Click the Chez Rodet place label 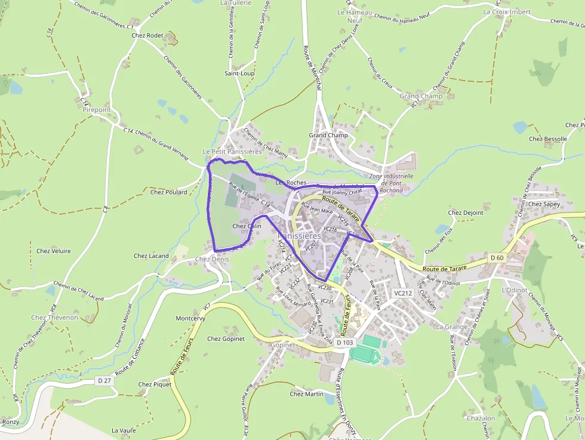(147, 35)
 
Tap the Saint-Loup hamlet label (239, 73)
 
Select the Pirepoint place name (97, 110)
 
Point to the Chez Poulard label (168, 192)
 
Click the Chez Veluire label (54, 251)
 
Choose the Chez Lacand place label (151, 256)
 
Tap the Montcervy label (190, 319)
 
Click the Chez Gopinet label (226, 339)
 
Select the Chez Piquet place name (155, 384)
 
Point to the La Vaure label (124, 430)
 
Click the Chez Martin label (306, 394)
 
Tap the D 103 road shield (345, 343)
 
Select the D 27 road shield (104, 380)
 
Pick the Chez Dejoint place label (466, 213)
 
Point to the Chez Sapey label (544, 204)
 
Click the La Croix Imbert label (507, 11)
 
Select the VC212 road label (404, 293)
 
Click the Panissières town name (300, 236)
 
